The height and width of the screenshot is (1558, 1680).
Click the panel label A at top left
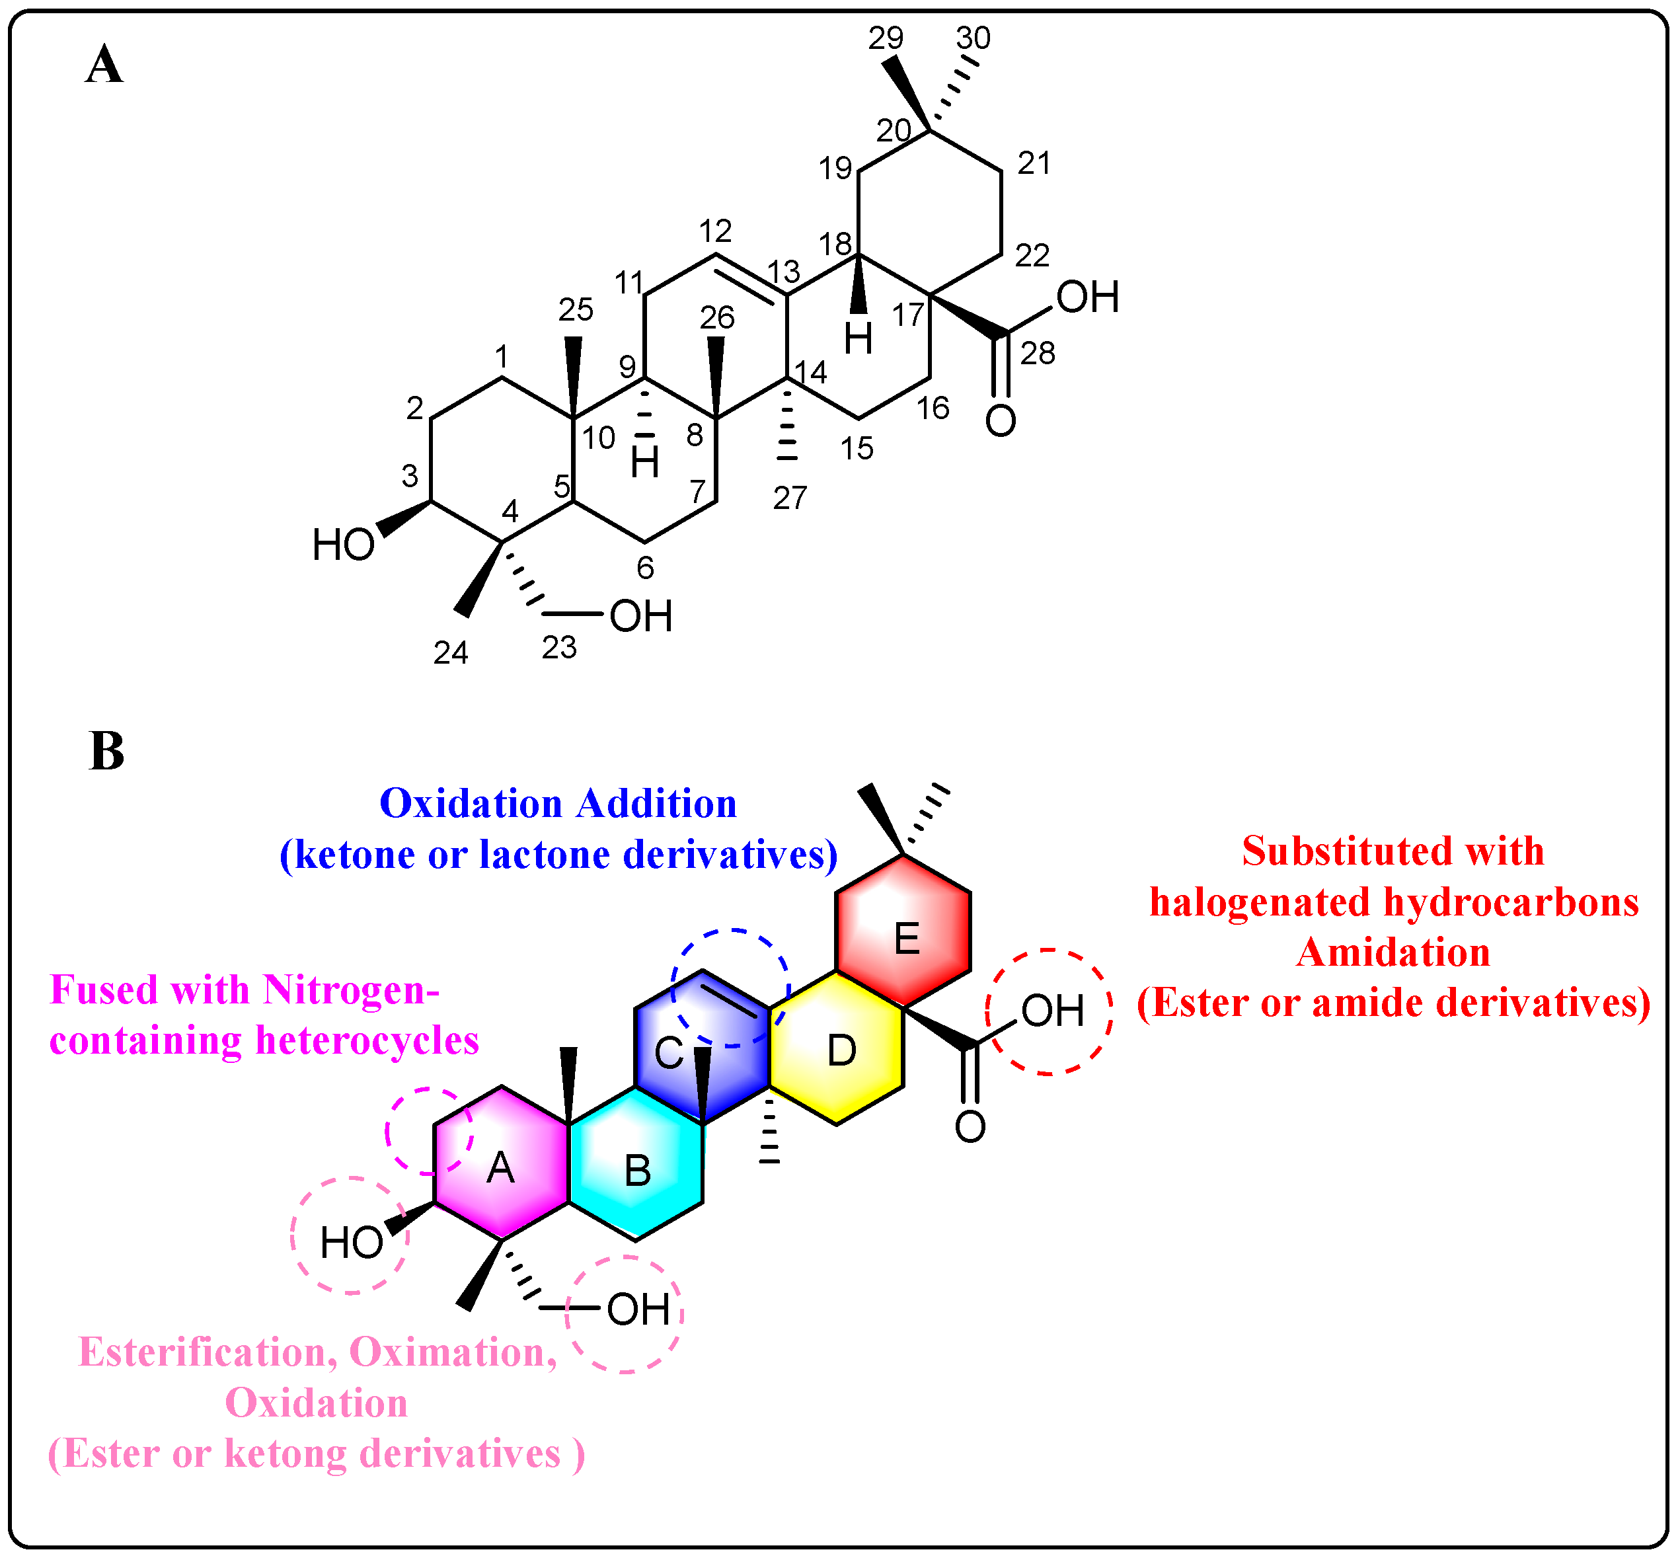[104, 65]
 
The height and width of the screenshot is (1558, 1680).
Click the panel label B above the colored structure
[106, 751]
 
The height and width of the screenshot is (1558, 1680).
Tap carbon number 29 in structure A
[886, 38]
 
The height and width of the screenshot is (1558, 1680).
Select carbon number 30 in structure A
[973, 38]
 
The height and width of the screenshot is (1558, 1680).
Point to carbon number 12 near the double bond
[715, 230]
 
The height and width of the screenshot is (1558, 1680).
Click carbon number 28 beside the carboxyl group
[1038, 353]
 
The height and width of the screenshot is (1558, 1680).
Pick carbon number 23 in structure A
[559, 648]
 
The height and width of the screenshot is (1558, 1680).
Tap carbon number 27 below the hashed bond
[790, 498]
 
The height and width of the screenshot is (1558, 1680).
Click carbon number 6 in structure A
[645, 568]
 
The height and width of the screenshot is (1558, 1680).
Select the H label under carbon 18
[858, 340]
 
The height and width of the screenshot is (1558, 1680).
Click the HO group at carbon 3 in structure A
[343, 545]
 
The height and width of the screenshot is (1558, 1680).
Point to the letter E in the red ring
[906, 939]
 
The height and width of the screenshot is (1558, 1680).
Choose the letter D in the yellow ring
[841, 1051]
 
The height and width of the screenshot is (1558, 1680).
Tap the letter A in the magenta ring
[501, 1169]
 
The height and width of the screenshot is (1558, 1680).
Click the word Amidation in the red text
[1393, 953]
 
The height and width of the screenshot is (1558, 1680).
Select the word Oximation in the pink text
[453, 1352]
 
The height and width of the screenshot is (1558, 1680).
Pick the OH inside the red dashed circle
[1052, 1011]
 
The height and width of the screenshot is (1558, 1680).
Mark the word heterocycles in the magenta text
[367, 1040]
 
